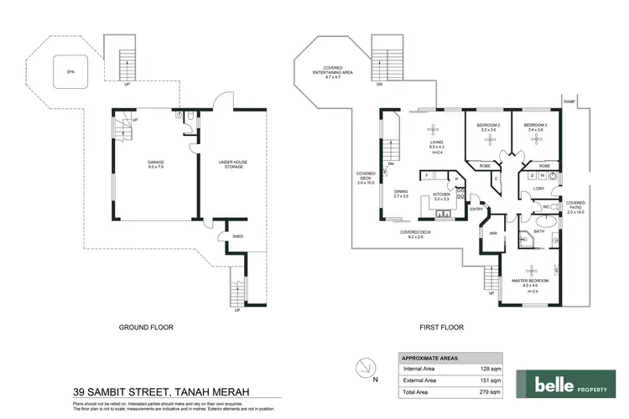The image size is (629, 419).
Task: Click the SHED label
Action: click(x=224, y=237)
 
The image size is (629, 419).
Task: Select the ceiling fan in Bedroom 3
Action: click(x=535, y=141)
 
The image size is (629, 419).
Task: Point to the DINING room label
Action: click(x=401, y=194)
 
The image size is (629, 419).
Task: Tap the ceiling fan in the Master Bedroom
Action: click(x=531, y=270)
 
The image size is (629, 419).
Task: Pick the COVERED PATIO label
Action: click(x=576, y=207)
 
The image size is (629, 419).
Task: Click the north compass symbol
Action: click(x=364, y=368)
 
